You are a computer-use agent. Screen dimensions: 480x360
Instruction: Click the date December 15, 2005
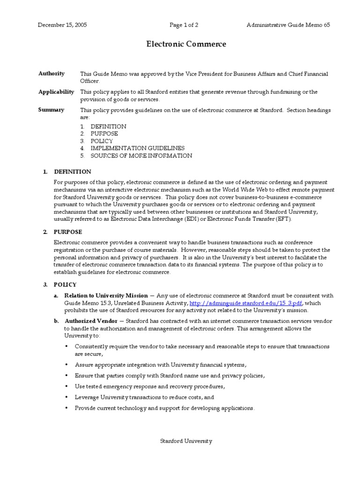click(x=62, y=25)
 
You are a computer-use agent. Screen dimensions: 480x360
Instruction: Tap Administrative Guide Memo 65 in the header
click(x=288, y=25)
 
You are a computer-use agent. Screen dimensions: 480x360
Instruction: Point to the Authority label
click(x=52, y=74)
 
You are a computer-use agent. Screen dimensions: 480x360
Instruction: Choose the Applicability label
click(x=56, y=92)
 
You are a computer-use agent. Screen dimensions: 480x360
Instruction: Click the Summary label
click(x=52, y=110)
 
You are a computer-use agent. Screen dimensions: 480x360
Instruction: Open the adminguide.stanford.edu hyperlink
click(x=242, y=303)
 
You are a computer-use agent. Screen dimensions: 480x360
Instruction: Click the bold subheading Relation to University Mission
click(x=106, y=296)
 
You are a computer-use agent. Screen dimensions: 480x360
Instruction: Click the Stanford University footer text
click(x=186, y=441)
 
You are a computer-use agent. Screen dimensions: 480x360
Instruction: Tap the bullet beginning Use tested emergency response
click(x=150, y=386)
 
